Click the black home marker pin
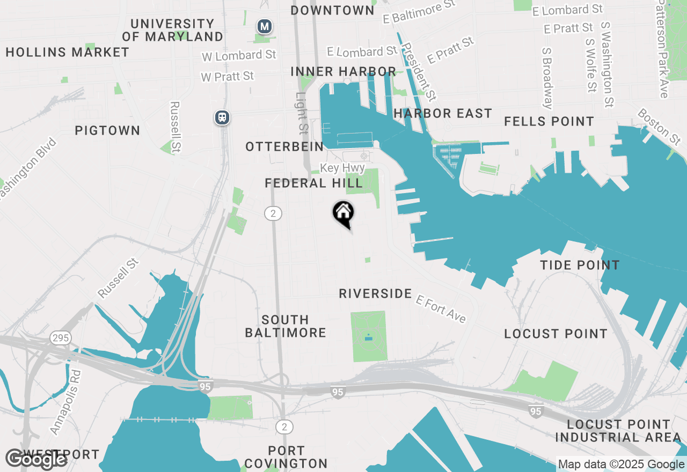point(343,213)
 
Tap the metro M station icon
point(264,26)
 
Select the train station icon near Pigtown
point(222,117)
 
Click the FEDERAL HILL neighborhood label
point(314,183)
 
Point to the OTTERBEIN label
point(284,146)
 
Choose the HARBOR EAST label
point(442,113)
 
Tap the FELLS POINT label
point(549,122)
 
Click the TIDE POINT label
point(580,265)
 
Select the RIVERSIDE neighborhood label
point(375,293)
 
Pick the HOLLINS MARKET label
point(68,52)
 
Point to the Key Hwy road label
point(342,168)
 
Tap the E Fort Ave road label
point(441,309)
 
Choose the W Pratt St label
point(227,76)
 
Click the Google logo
point(35,459)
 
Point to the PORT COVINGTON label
point(286,457)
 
